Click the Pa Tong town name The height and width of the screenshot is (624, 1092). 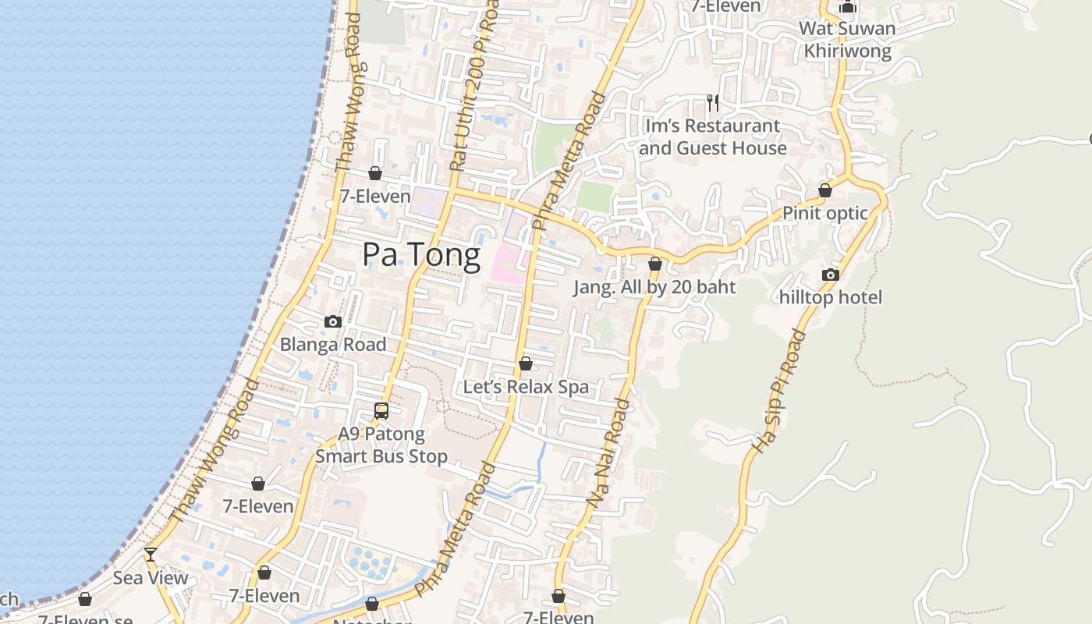point(421,256)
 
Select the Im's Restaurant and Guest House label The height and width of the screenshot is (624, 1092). point(712,137)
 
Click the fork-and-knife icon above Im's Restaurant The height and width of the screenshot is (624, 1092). point(712,101)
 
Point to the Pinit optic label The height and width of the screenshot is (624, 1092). point(825,214)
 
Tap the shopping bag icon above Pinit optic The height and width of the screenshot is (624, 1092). point(825,190)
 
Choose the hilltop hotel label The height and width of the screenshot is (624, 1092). point(831,297)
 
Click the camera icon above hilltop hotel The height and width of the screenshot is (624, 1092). point(831,275)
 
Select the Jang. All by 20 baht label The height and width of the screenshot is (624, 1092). point(654,287)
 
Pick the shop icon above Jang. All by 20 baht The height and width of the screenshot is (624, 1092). point(655,264)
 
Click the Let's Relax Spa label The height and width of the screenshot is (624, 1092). point(526,387)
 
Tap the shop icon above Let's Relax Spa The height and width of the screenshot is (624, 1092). point(526,363)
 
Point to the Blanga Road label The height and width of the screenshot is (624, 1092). point(333,345)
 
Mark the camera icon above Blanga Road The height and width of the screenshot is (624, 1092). point(333,321)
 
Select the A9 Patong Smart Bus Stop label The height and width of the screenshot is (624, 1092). point(381,445)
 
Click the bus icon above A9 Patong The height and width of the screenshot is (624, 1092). point(381,410)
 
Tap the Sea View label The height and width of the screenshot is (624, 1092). point(151,578)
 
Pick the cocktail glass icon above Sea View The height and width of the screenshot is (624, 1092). point(151,555)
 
